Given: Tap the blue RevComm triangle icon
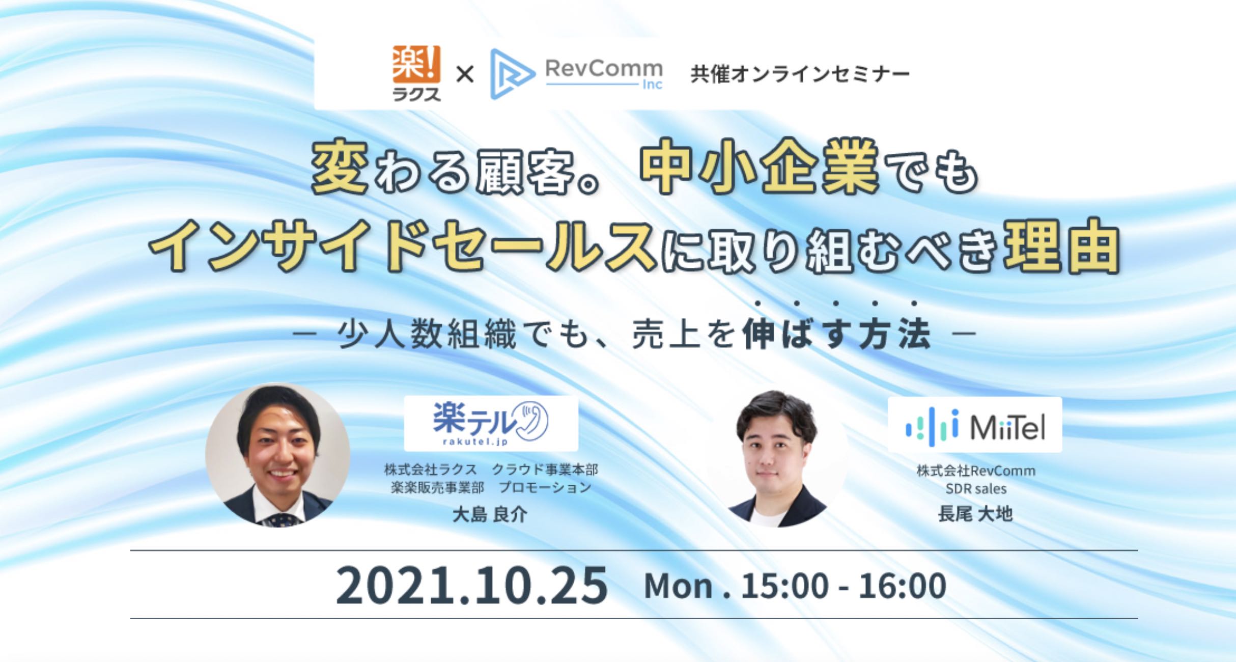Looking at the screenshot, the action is [x=511, y=74].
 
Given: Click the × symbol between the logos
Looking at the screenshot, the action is [x=464, y=75].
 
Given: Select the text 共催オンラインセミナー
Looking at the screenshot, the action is [x=800, y=74].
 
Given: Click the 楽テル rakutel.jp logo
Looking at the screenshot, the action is [x=491, y=424].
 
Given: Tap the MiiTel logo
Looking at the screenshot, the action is [x=975, y=425].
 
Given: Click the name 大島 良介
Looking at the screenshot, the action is [x=490, y=514].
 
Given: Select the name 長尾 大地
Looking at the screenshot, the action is [x=975, y=514].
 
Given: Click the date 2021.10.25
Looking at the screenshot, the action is [x=471, y=586].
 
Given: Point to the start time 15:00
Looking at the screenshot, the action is [x=784, y=586].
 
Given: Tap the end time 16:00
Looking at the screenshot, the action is [x=902, y=586].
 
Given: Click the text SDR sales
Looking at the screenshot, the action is [x=976, y=489].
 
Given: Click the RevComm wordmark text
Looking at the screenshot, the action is [x=604, y=68].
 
